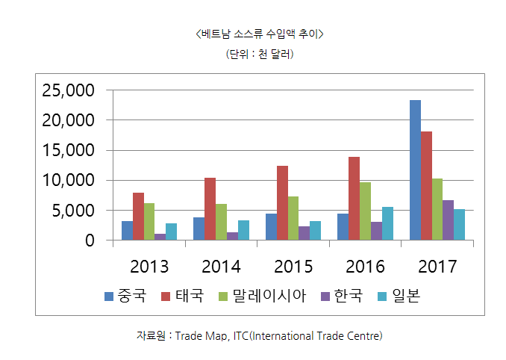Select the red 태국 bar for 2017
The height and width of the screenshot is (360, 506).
pos(426,186)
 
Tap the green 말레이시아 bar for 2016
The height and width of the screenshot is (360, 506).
pos(365,211)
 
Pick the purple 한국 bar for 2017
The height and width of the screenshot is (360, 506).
pos(448,220)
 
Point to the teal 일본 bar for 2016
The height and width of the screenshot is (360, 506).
pos(387,223)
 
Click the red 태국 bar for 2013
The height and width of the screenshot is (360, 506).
pos(138,217)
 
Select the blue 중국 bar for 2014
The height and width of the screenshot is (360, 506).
pos(199,229)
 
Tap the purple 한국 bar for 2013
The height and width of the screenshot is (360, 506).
pos(160,237)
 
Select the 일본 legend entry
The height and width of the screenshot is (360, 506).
pos(399,297)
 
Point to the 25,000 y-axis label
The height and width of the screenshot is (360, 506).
pos(68,90)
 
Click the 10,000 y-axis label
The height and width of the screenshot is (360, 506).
pos(68,181)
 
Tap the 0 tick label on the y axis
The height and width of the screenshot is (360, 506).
pos(89,240)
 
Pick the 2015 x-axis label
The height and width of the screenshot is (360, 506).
pos(293,267)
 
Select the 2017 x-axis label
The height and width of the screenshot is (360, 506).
pos(437,267)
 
